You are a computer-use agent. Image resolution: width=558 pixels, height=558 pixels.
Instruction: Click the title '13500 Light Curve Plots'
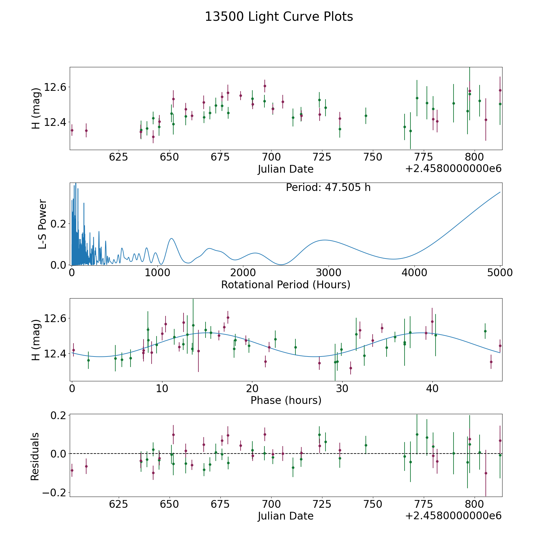(279, 17)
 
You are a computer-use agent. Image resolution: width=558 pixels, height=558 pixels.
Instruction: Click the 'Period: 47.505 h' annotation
(328, 188)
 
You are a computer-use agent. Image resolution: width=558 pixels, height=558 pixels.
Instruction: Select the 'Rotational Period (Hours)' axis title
(286, 285)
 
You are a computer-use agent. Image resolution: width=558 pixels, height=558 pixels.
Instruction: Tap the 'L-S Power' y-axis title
(42, 224)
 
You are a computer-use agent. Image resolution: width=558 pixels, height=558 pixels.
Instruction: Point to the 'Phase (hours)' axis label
(286, 401)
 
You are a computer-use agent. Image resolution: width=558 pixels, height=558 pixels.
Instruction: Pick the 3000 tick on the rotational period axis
(329, 272)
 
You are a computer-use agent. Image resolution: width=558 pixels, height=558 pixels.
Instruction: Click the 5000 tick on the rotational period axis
(500, 272)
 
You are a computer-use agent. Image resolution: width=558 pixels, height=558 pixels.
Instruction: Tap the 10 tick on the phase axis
(162, 388)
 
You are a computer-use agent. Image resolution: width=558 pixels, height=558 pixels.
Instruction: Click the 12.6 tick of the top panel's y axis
(55, 87)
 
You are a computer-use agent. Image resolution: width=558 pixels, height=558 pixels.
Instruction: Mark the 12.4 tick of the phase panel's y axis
(55, 354)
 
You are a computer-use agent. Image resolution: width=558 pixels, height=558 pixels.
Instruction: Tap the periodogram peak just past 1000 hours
(171, 238)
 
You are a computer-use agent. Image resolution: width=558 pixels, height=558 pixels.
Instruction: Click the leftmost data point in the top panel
(72, 130)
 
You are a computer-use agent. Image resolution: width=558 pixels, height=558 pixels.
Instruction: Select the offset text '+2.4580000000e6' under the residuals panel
(453, 516)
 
